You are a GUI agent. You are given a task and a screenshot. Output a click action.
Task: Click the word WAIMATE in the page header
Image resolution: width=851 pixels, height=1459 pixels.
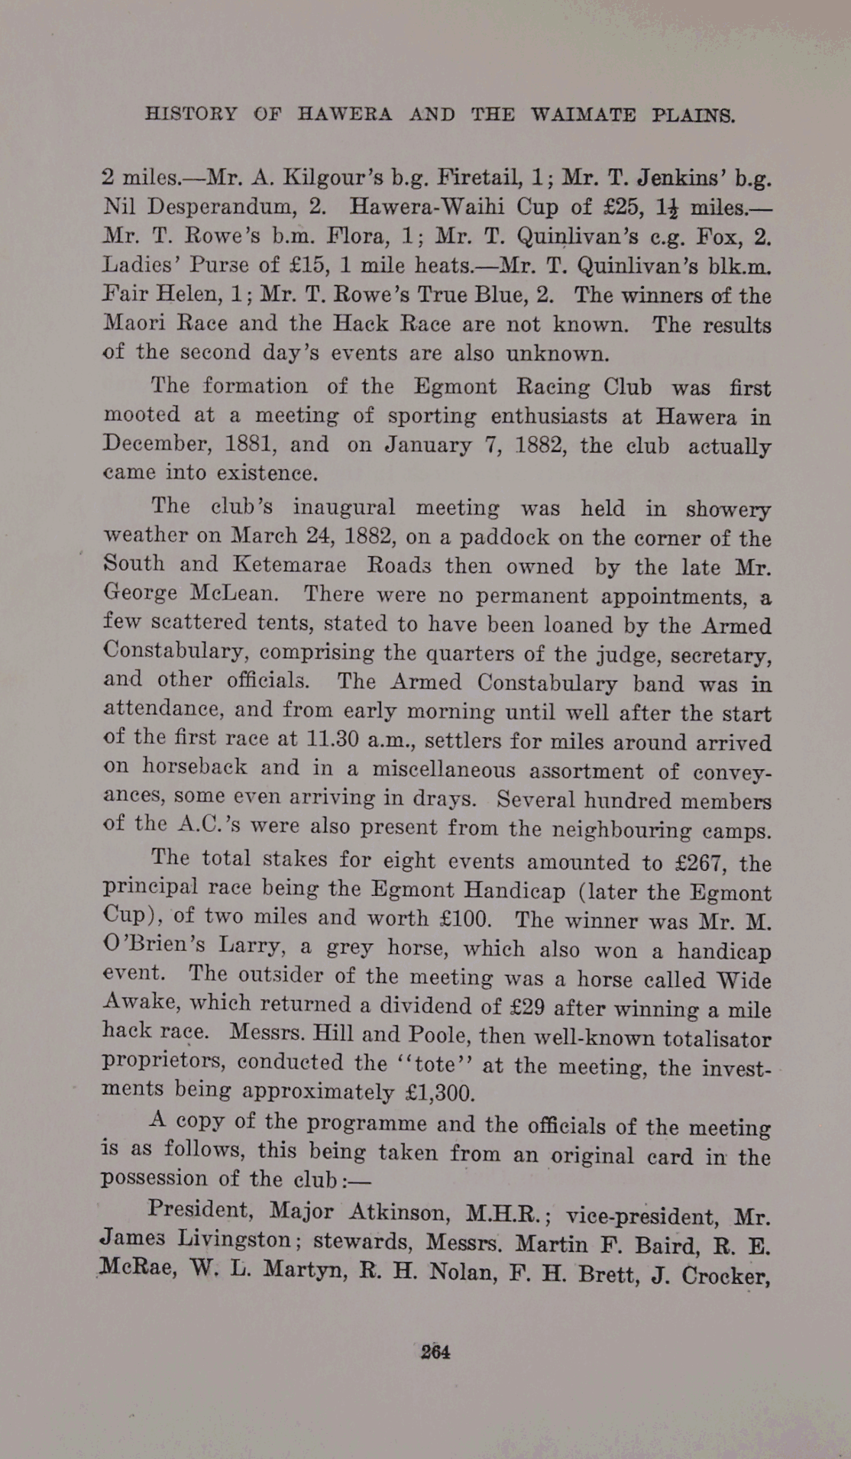(x=583, y=115)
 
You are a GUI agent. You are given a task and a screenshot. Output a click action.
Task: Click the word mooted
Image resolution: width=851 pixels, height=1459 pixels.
(x=141, y=416)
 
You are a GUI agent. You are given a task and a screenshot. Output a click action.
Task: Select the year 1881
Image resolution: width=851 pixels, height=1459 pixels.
(x=253, y=444)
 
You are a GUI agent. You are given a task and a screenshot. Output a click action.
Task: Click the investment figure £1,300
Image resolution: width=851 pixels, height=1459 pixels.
(x=439, y=1092)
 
